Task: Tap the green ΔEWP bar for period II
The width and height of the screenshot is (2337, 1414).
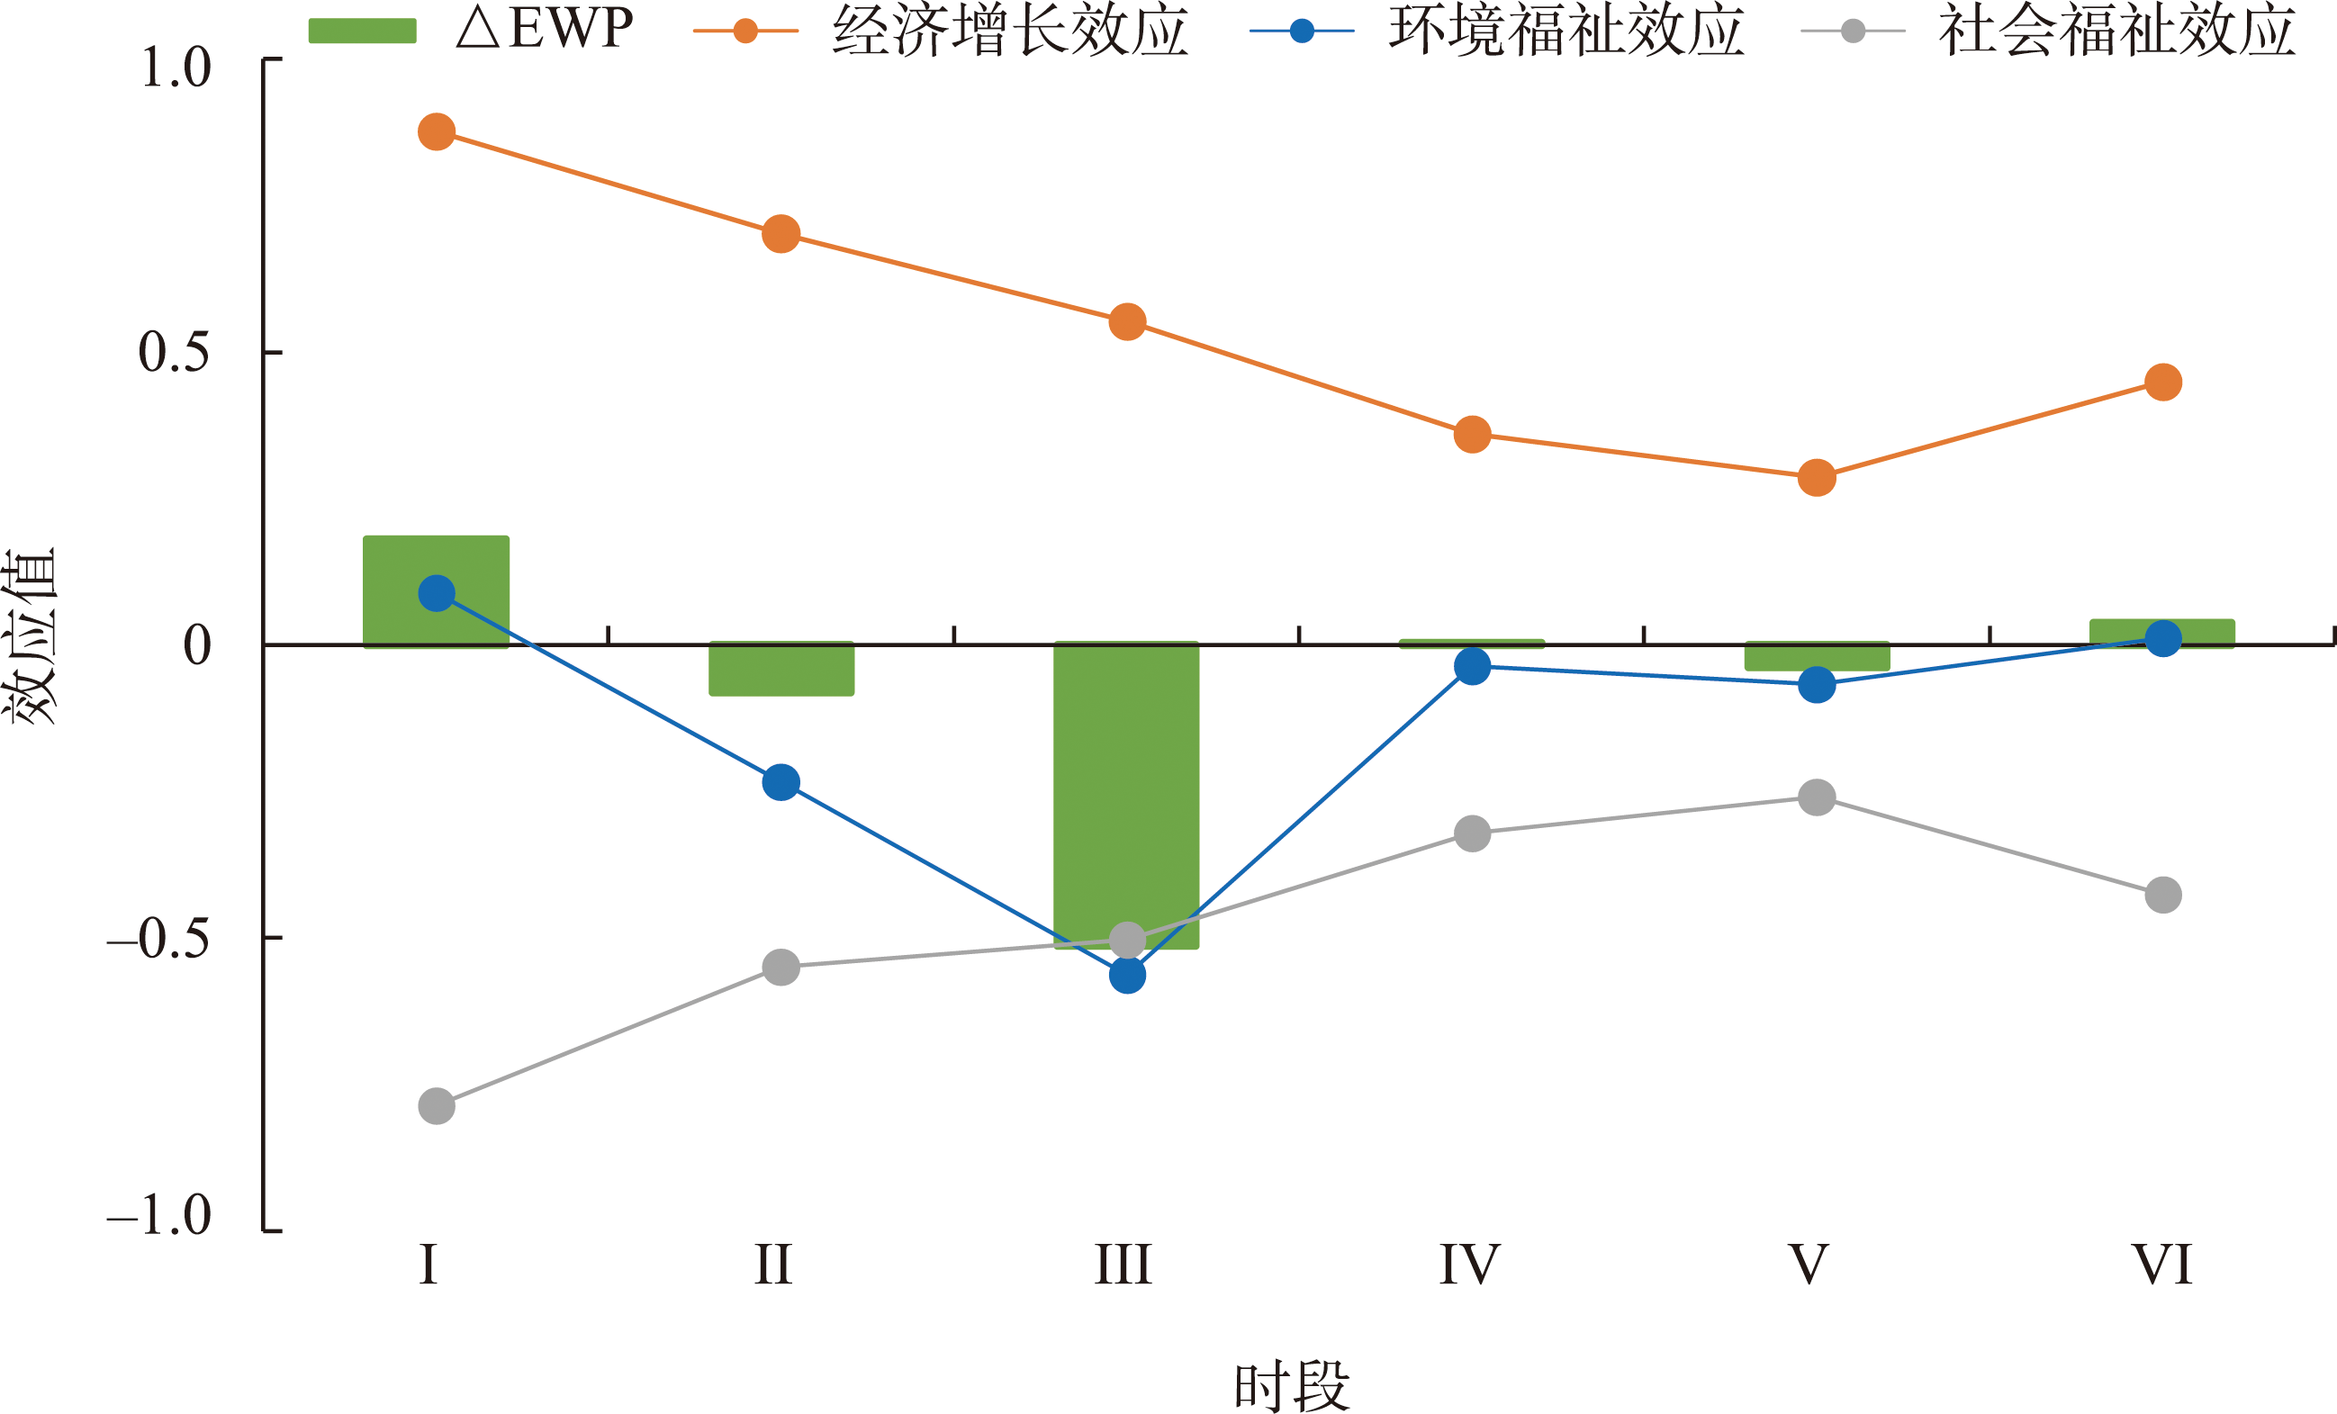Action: (781, 670)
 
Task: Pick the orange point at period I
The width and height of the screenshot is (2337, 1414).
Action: (437, 131)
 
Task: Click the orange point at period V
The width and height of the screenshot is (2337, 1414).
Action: (1817, 477)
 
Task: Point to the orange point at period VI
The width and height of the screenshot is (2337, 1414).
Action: (2162, 383)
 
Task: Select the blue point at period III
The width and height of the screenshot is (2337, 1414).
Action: (1127, 975)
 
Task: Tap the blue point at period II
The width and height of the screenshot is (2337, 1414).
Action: (781, 782)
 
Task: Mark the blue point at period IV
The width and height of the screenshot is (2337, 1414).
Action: (1472, 667)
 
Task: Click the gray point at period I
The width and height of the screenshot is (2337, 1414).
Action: (437, 1106)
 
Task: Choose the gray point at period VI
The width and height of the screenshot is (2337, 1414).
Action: (2162, 895)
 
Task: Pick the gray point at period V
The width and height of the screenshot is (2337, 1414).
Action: (1817, 797)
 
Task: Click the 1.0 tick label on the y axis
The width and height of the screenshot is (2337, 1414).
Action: (176, 68)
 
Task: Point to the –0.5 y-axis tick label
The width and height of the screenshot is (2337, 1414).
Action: (158, 939)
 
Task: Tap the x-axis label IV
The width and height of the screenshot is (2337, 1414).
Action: (1469, 1265)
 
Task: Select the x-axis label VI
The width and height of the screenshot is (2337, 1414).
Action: (2161, 1265)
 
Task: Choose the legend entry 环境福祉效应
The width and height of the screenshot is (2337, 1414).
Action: (1565, 31)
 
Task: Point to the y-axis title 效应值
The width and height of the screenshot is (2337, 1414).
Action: (32, 637)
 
